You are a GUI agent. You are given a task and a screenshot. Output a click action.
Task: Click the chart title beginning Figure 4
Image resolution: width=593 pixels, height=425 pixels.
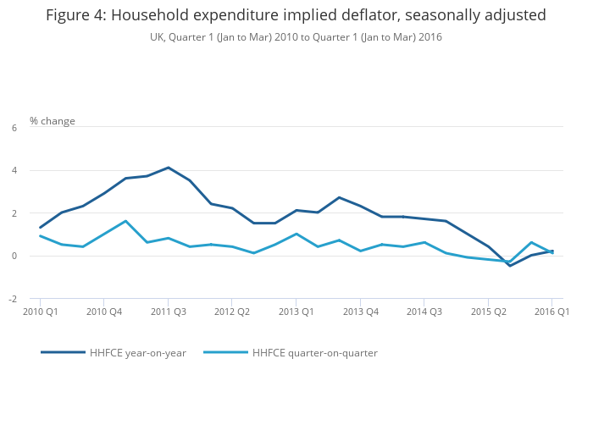coord(296,15)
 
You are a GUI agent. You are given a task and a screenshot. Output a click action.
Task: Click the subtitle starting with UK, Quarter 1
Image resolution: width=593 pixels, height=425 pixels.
coord(296,37)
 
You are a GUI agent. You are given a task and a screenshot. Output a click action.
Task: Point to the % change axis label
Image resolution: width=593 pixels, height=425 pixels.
coord(53,121)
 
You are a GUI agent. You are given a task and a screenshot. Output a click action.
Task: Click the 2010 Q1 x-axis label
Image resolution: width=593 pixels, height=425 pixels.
coord(40,312)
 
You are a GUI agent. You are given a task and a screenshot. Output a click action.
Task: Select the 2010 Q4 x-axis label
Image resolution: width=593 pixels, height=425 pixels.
coord(103,312)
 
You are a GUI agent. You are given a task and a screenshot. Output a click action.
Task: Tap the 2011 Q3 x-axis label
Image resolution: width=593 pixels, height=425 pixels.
coord(168,312)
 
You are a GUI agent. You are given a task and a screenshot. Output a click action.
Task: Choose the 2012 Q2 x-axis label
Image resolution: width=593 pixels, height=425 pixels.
coord(231,312)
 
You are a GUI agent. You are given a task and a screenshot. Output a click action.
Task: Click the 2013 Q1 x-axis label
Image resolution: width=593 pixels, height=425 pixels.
coord(296,312)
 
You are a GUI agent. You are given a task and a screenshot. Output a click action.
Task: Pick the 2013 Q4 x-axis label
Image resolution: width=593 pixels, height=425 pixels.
coord(360,312)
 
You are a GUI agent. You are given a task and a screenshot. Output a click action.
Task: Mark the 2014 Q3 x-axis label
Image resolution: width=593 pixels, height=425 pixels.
coord(424,312)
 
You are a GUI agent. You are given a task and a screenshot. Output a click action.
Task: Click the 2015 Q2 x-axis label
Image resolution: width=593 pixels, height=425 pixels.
coord(488,312)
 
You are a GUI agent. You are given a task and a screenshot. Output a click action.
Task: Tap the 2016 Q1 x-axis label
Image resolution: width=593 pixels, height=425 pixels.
coord(551,312)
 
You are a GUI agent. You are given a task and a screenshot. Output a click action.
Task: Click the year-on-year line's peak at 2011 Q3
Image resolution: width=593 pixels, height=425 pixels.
coord(168,168)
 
